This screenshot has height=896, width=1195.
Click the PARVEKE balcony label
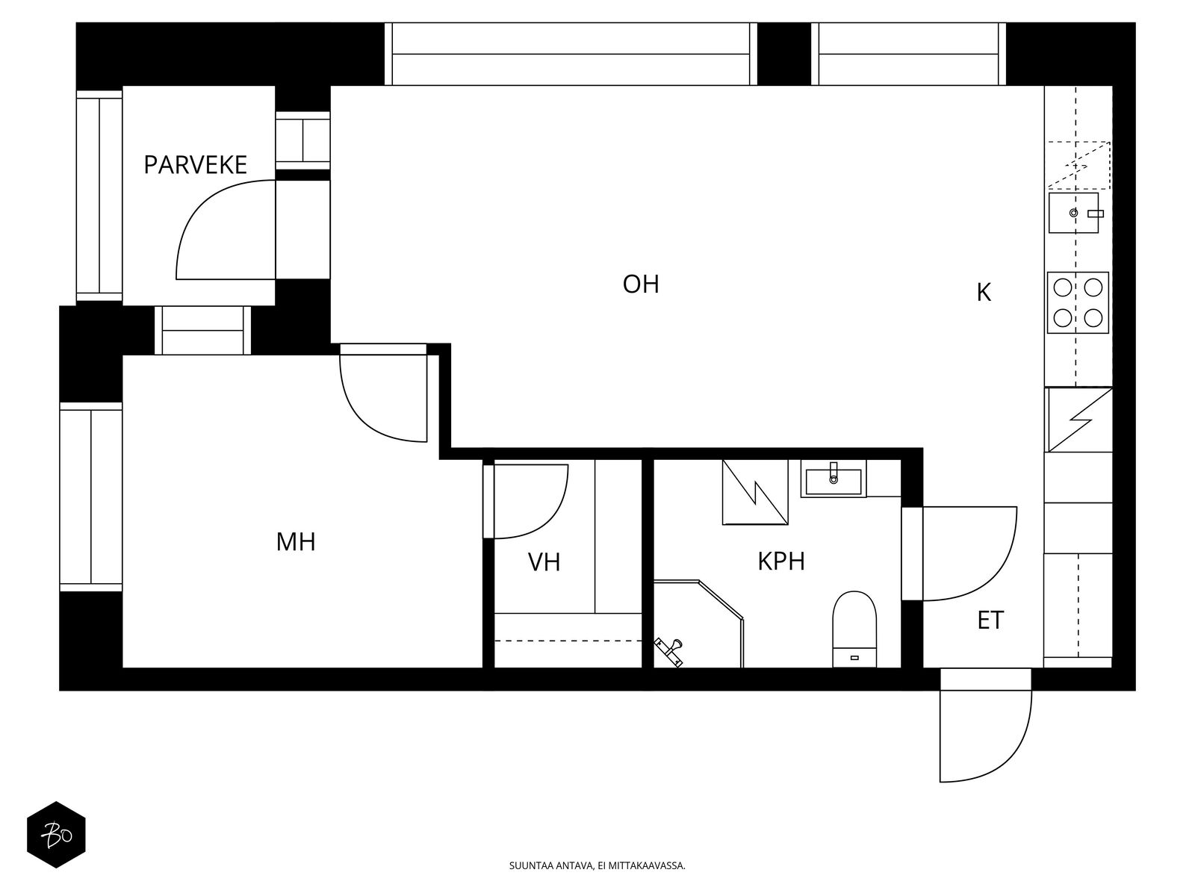click(x=195, y=164)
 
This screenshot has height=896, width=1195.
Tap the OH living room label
click(x=641, y=284)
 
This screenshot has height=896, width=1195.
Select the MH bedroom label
click(x=296, y=541)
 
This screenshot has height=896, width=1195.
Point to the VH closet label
click(x=544, y=561)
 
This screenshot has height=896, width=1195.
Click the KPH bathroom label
click(x=781, y=561)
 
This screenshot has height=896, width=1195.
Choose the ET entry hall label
click(x=990, y=620)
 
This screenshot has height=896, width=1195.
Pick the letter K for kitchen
click(x=984, y=293)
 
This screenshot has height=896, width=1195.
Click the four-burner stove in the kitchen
click(x=1078, y=302)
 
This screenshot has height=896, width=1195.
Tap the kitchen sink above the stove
click(x=1073, y=213)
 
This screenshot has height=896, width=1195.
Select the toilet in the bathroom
click(x=854, y=627)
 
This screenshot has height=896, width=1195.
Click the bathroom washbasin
click(x=833, y=479)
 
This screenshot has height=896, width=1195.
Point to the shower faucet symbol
click(x=669, y=650)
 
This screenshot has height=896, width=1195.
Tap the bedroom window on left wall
click(x=90, y=497)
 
